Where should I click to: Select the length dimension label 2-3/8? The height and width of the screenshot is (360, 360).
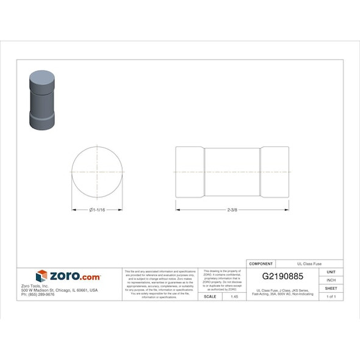[232, 210]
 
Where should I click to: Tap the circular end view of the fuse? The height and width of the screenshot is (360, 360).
[97, 172]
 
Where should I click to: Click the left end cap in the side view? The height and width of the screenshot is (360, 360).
[190, 172]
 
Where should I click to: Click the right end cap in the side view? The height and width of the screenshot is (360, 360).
[274, 172]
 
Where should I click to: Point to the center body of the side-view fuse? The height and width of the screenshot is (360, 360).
[232, 172]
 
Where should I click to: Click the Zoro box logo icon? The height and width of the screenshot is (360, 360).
[41, 276]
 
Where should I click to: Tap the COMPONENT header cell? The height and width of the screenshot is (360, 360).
[262, 263]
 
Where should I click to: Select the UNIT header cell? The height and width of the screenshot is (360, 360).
[331, 272]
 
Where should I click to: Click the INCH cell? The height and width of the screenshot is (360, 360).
[331, 279]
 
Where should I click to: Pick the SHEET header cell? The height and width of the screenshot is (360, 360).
[331, 288]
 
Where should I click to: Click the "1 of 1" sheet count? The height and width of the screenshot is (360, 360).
[331, 296]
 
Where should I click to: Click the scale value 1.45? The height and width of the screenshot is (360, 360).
[234, 296]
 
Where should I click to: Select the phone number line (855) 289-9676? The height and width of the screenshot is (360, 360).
[38, 294]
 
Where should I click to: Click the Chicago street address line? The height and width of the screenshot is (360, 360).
[59, 290]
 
